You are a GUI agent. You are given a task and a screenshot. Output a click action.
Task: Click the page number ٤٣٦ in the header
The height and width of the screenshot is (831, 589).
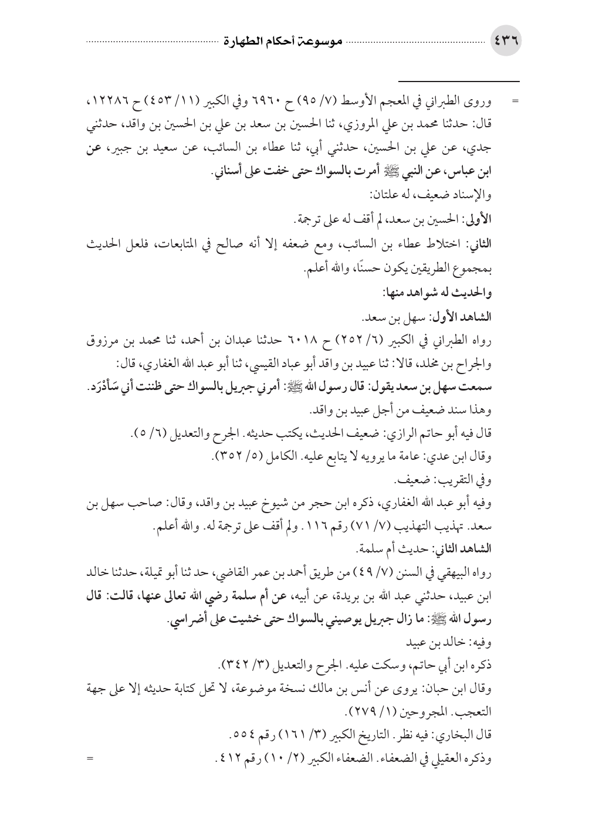coord(506,43)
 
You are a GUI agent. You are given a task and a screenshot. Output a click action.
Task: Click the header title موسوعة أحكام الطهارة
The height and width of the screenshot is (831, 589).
coord(278,43)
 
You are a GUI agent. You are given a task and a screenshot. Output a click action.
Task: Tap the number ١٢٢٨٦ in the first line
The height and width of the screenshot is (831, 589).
coord(114,103)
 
